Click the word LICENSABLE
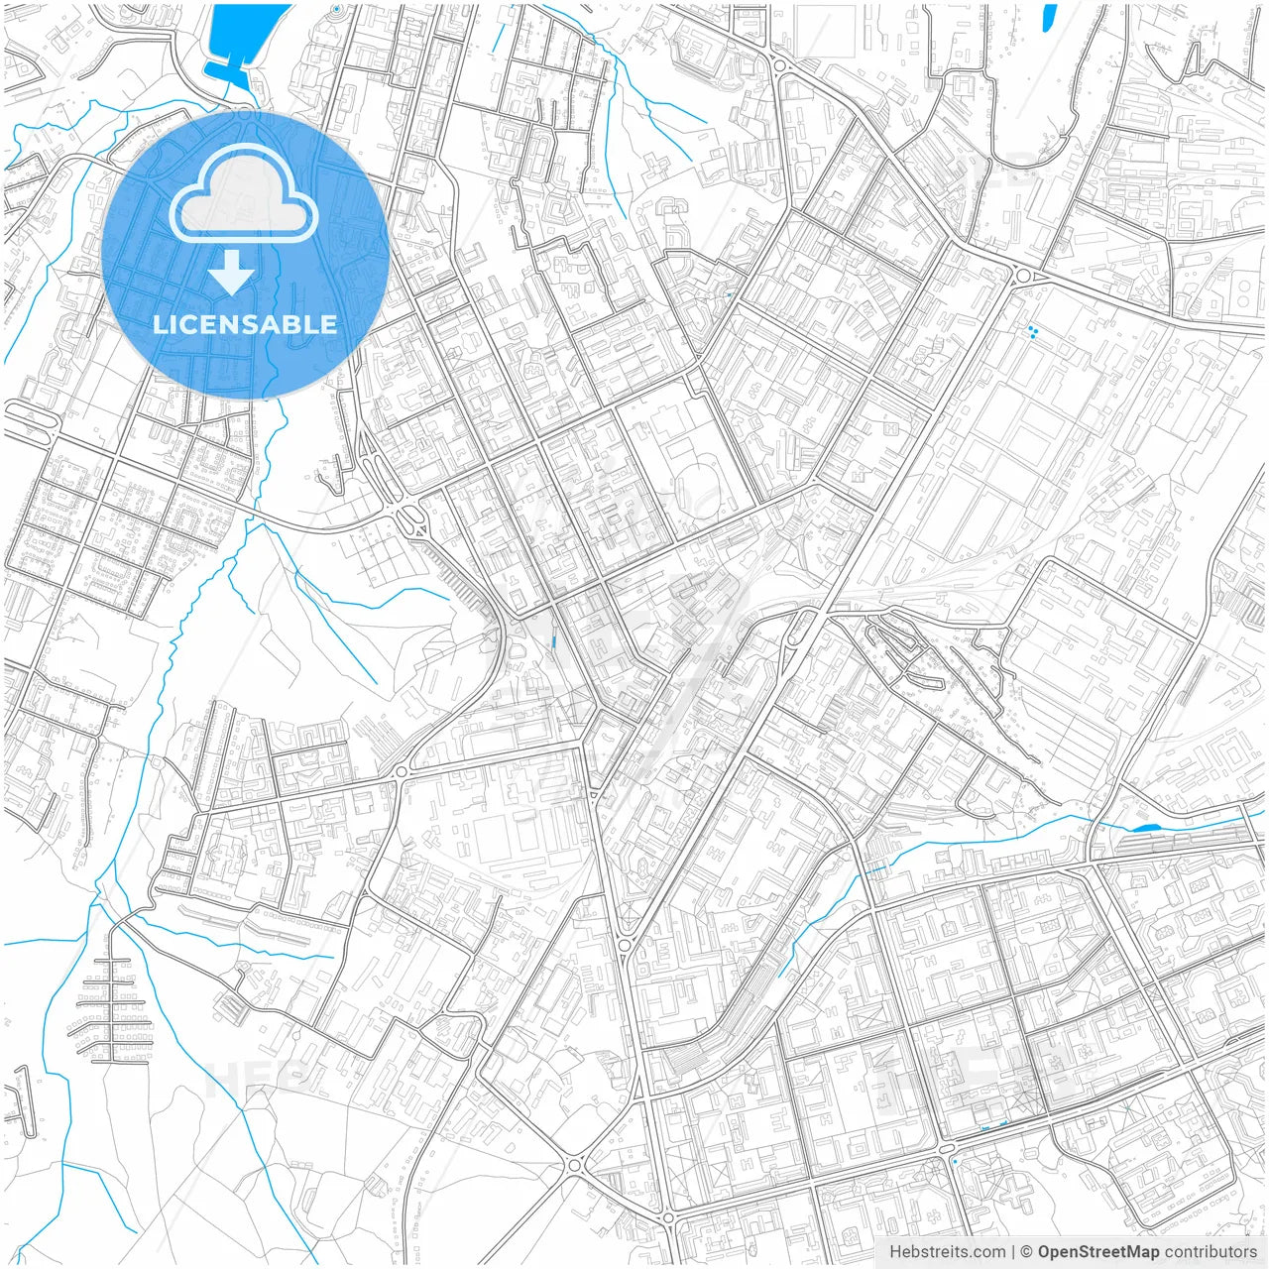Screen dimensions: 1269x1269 (x=245, y=324)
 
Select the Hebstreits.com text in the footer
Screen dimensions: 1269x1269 (x=947, y=1252)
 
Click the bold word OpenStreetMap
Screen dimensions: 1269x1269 (x=1098, y=1252)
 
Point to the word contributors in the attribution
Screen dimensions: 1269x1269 (x=1211, y=1252)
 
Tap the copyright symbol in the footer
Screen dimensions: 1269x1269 (x=1027, y=1252)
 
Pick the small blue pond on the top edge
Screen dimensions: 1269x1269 (x=1047, y=16)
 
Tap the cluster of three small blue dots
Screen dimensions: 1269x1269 (x=1032, y=332)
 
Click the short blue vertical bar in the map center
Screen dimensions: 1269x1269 (x=553, y=641)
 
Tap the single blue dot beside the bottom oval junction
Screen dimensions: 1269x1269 (x=954, y=1161)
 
